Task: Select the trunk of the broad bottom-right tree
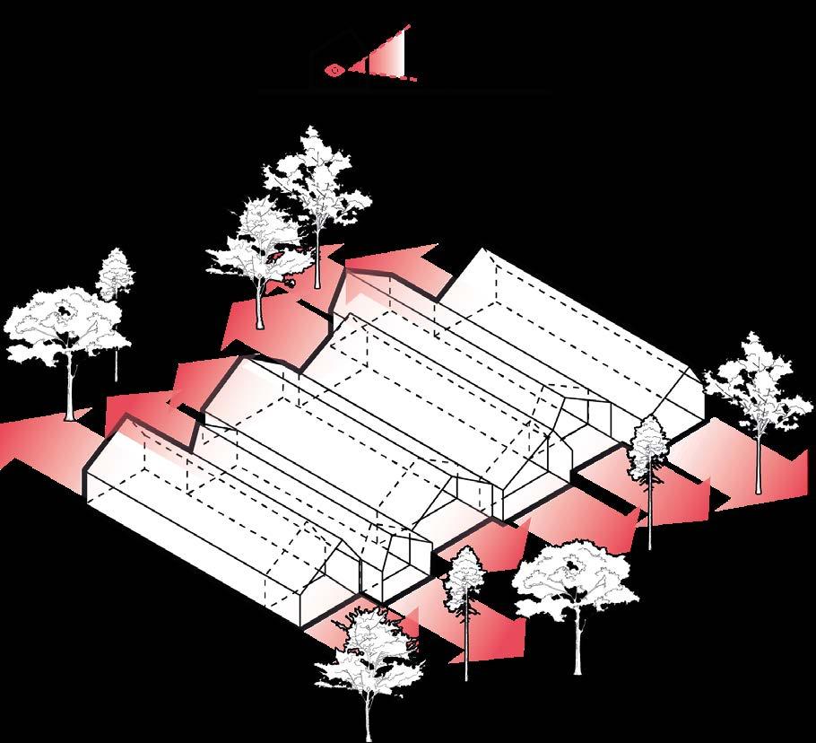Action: coord(577,642)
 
